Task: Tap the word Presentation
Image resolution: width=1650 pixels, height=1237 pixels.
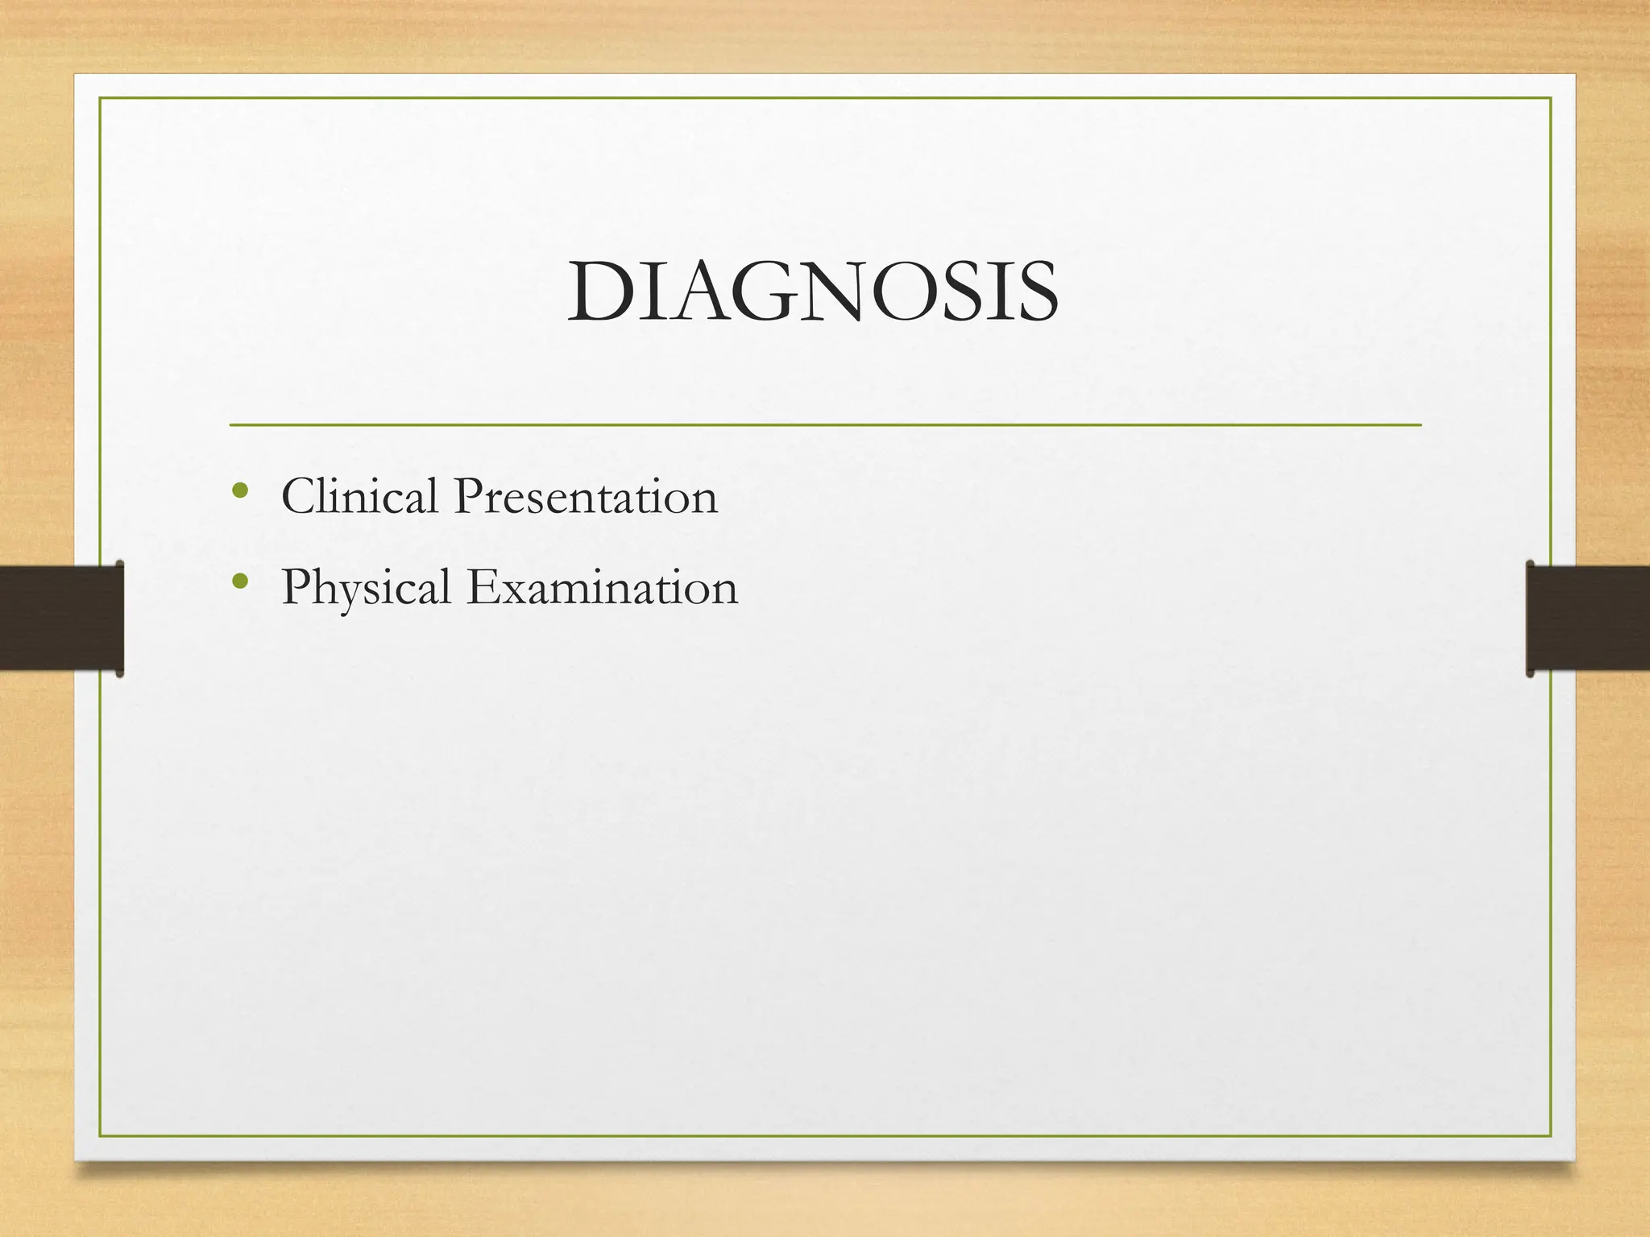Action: pos(585,497)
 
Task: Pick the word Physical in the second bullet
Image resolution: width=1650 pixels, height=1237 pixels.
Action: pos(365,588)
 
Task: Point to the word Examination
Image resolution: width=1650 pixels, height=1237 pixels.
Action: pos(602,587)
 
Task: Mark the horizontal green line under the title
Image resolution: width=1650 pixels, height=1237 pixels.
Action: pos(825,424)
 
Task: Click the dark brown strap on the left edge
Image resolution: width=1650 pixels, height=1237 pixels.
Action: pos(61,618)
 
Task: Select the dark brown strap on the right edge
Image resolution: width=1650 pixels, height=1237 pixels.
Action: pos(1588,618)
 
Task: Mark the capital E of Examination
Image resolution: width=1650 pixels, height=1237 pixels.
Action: pos(483,587)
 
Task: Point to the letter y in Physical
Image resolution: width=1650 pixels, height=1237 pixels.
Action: pos(342,594)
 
